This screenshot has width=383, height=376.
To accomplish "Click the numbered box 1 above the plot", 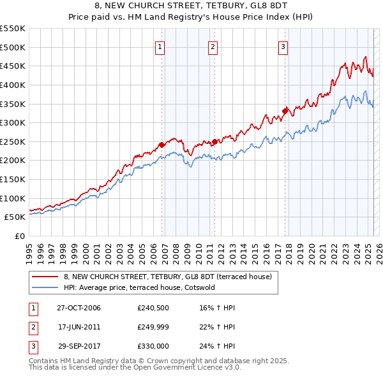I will click(159, 46).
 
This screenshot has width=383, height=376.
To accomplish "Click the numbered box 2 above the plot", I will click(212, 46).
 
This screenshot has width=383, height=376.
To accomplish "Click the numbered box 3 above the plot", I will click(283, 46).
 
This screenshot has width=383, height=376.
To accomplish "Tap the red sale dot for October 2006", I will click(162, 145).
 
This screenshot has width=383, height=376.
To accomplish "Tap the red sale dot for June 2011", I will click(214, 141).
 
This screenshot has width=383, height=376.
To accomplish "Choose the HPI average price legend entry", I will click(140, 287).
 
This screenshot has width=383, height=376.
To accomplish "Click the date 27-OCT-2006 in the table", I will click(79, 308).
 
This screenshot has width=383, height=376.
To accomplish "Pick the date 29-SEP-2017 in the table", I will click(79, 346).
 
